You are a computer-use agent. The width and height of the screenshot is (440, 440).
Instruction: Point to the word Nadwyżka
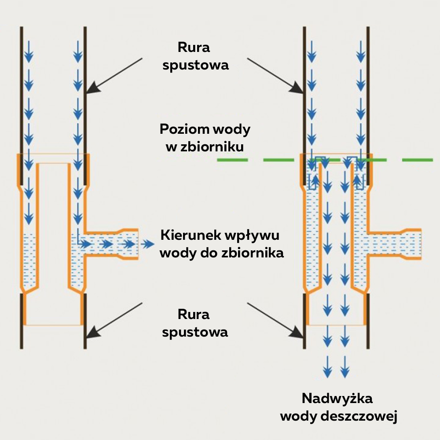[337, 399]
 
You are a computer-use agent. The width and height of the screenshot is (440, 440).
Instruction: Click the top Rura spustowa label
[195, 56]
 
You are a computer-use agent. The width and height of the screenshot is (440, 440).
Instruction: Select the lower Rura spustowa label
[195, 323]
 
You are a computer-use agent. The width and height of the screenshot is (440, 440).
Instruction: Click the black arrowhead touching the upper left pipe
[92, 88]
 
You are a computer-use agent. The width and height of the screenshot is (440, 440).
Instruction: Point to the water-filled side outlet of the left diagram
[110, 244]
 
